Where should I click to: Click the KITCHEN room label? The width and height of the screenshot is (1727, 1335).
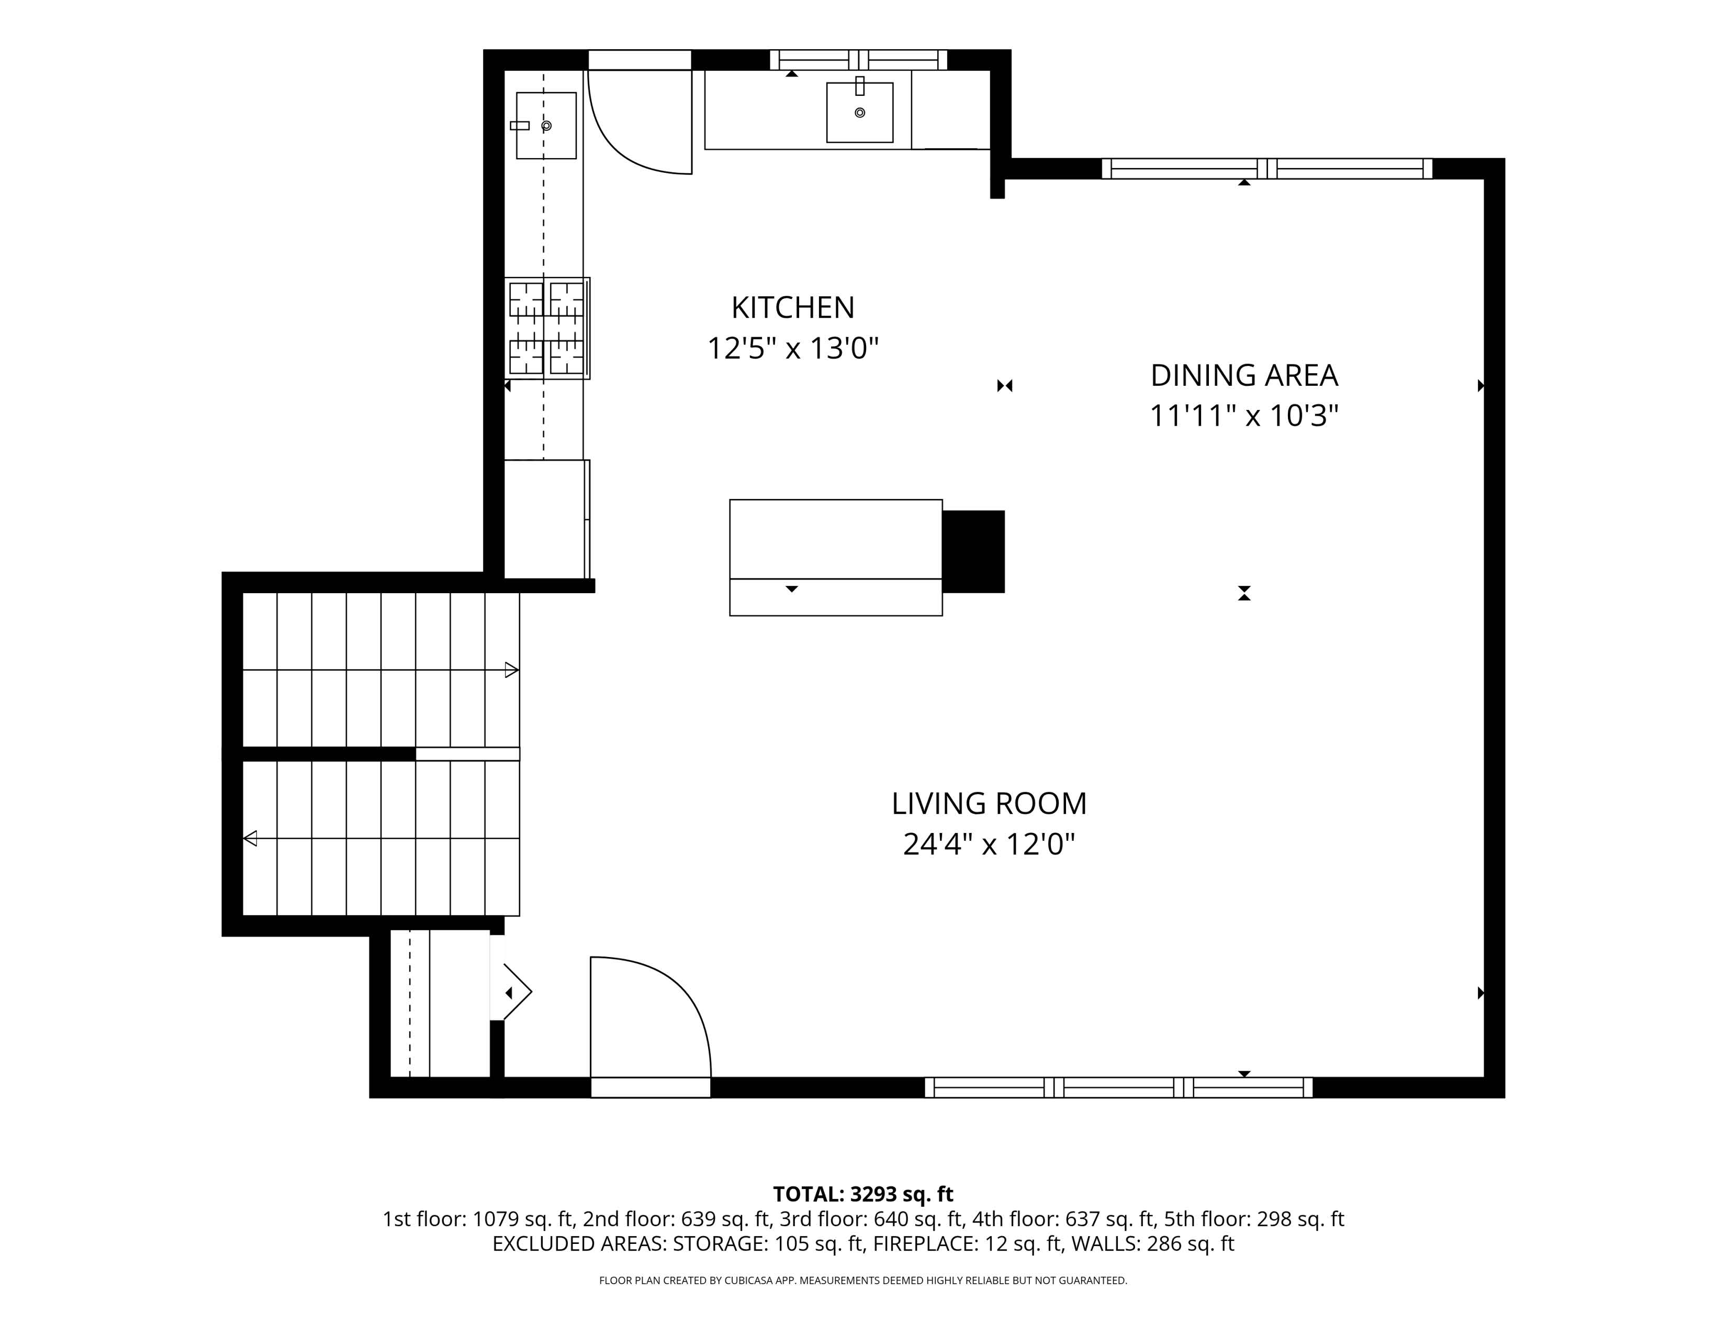coord(792,308)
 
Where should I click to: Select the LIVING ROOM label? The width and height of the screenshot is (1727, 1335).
coord(989,804)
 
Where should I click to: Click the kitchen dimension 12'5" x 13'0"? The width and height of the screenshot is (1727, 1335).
coord(792,348)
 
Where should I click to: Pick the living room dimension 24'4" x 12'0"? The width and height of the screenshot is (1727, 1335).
coord(989,844)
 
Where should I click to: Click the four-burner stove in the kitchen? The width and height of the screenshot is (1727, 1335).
coord(546,327)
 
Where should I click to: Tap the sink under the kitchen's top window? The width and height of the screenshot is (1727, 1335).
coord(859,113)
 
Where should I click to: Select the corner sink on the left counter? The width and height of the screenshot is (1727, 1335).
coord(546,125)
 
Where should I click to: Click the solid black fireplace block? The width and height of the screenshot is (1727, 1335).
coord(973,551)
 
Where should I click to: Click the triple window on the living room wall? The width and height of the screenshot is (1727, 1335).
coord(1118,1087)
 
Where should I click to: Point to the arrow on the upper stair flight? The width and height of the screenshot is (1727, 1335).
coord(511,670)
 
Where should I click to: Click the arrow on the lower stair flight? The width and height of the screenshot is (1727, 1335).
coord(251,838)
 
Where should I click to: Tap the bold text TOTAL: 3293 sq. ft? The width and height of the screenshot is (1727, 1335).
coord(862,1194)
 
